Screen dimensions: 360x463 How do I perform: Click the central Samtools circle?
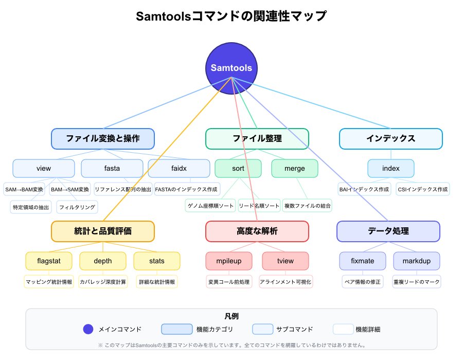tap(232, 67)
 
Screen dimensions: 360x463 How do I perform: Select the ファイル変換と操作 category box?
tap(103, 138)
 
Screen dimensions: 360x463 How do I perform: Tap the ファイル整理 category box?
tap(257, 138)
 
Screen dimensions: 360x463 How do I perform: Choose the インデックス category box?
tap(391, 138)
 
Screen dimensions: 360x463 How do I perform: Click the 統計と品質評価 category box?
tap(103, 231)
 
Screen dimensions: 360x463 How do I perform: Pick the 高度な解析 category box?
tap(257, 231)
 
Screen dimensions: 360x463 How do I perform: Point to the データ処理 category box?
tap(388, 231)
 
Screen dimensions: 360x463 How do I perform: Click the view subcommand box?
tap(44, 168)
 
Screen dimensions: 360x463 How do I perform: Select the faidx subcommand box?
tap(179, 168)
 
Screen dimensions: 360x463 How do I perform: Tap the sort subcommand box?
tap(238, 168)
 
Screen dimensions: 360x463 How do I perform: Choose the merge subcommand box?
tap(295, 168)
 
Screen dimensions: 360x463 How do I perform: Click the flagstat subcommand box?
tap(49, 261)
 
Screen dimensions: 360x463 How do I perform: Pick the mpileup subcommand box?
tap(229, 261)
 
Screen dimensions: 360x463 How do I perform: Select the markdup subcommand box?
tap(417, 261)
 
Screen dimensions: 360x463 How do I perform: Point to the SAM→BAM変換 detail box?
tap(24, 189)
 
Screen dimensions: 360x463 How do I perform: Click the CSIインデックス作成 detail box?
tap(423, 189)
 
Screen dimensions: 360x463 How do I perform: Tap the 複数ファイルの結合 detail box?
tap(308, 206)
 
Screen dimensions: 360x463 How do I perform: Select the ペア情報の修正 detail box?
tap(363, 282)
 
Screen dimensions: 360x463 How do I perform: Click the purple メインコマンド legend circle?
tap(88, 329)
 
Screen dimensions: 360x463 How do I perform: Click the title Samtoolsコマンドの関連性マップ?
tap(232, 16)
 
